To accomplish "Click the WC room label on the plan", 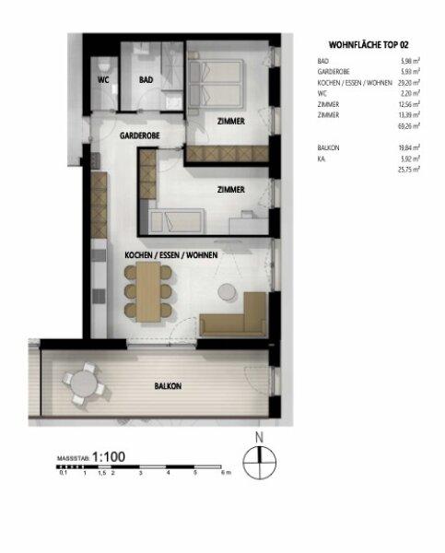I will [104, 80].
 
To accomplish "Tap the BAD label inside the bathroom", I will [146, 80].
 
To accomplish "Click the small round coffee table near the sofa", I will [224, 293].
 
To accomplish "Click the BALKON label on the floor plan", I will [168, 387].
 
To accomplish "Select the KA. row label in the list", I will [322, 159].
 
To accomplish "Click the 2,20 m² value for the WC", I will [411, 92].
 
